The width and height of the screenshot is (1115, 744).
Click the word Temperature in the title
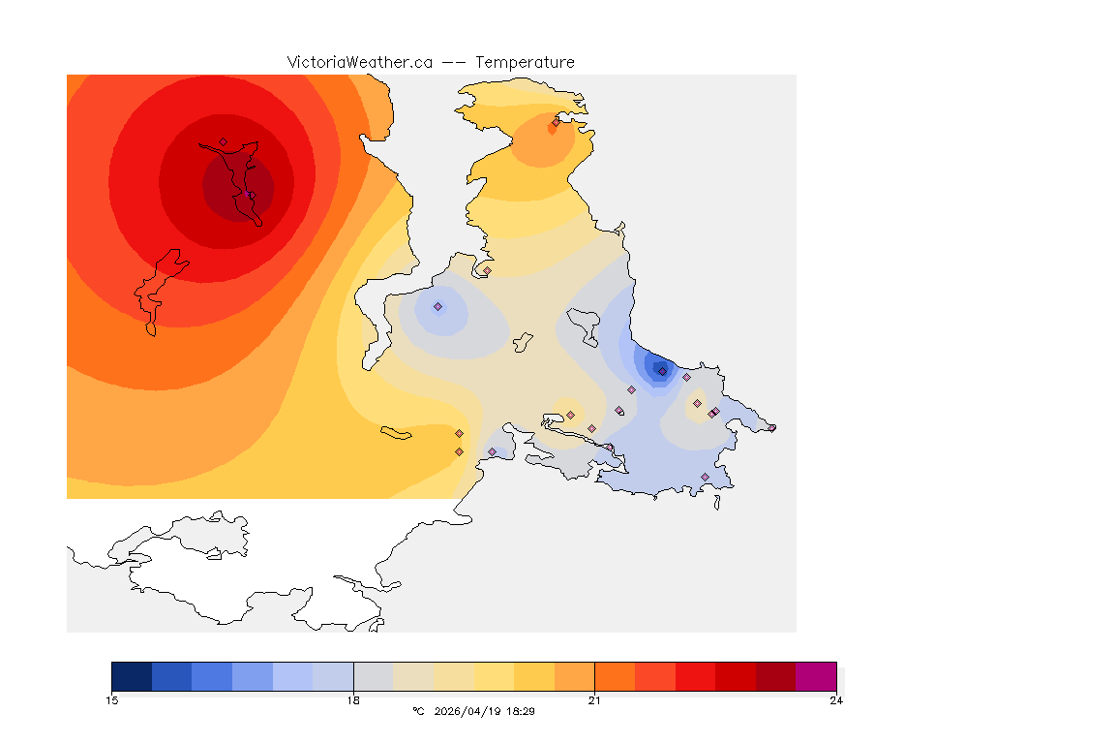pos(525,62)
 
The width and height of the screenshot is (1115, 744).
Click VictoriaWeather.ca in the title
pos(359,62)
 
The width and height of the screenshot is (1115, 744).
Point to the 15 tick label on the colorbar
pos(111,700)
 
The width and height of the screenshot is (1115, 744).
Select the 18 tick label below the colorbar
pos(353,700)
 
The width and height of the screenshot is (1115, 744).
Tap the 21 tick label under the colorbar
pos(594,700)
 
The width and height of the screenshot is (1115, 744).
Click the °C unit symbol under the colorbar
pos(418,711)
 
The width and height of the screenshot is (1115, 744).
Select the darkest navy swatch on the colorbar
pos(132,676)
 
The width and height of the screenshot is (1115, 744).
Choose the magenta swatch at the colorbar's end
pos(816,676)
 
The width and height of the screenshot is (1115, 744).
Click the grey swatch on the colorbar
pos(373,676)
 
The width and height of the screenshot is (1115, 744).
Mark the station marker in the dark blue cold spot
pos(662,371)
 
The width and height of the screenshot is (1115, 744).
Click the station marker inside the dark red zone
pos(223,142)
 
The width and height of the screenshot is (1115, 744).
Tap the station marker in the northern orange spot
pos(556,122)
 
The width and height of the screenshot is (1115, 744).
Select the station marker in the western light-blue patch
pos(437,307)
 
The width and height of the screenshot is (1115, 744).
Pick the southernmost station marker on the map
pos(705,478)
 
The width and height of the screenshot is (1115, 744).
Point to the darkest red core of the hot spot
pos(238,186)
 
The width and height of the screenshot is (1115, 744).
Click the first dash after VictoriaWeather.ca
pos(447,62)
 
